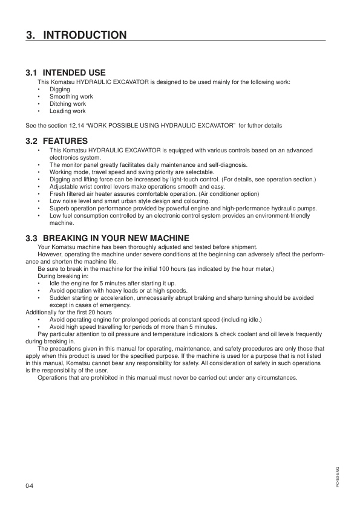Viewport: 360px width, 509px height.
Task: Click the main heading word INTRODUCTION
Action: pyautogui.click(x=85, y=34)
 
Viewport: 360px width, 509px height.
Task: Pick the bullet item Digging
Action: pyautogui.click(x=60, y=89)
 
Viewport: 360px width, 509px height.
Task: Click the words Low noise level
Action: pyautogui.click(x=71, y=201)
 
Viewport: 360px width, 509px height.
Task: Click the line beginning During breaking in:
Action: pyautogui.click(x=63, y=276)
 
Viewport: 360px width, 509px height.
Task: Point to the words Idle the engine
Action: pyautogui.click(x=70, y=283)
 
